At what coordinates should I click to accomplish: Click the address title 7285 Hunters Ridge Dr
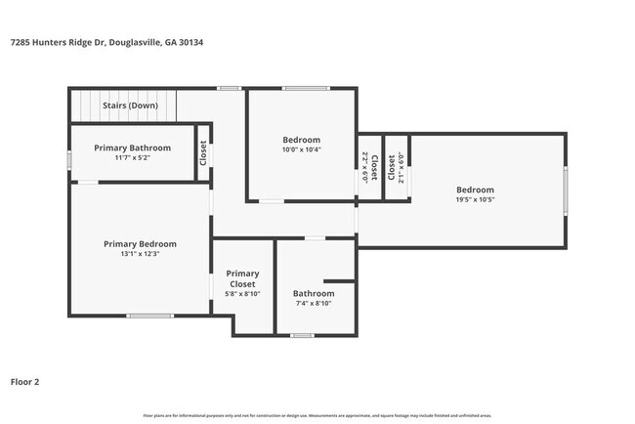click(x=106, y=42)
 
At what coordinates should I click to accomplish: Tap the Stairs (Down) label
click(x=130, y=105)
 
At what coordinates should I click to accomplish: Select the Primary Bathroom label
click(x=132, y=148)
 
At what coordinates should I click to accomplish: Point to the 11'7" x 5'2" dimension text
click(x=132, y=157)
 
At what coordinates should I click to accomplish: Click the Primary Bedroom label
click(x=140, y=243)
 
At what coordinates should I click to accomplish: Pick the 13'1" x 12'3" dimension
click(x=140, y=253)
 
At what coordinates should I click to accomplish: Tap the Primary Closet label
click(x=242, y=278)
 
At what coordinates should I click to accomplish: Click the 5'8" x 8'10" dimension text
click(x=242, y=294)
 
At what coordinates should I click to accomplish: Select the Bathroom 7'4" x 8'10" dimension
click(x=314, y=303)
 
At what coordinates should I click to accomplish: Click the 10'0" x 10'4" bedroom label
click(x=302, y=149)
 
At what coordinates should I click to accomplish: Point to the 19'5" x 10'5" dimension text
click(x=475, y=199)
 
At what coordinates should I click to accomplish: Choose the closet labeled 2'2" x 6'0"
click(x=364, y=168)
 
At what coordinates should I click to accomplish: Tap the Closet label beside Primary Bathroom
click(x=203, y=152)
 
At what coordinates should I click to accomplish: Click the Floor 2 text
click(x=25, y=382)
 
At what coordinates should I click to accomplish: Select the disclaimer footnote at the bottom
click(x=317, y=416)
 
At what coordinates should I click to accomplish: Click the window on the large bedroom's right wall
click(x=565, y=190)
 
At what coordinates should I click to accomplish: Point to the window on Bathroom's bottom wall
click(x=302, y=336)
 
